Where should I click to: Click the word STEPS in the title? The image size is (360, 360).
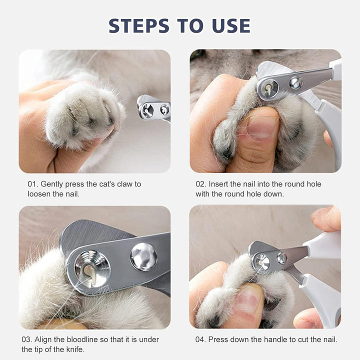pos(139,25)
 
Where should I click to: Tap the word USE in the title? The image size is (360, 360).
pos(231,25)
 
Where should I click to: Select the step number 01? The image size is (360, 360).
pos(33,184)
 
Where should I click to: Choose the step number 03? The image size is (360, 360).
pos(27,339)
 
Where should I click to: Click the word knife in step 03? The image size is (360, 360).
pos(75,349)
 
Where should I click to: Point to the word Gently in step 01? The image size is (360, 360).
pos(51,184)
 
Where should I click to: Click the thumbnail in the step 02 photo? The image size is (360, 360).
pos(261,128)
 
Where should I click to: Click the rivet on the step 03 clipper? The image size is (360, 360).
pos(143,257)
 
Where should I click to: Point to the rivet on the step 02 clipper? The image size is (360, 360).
pos(295,83)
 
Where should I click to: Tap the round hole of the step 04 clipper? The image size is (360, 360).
pos(261,262)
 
